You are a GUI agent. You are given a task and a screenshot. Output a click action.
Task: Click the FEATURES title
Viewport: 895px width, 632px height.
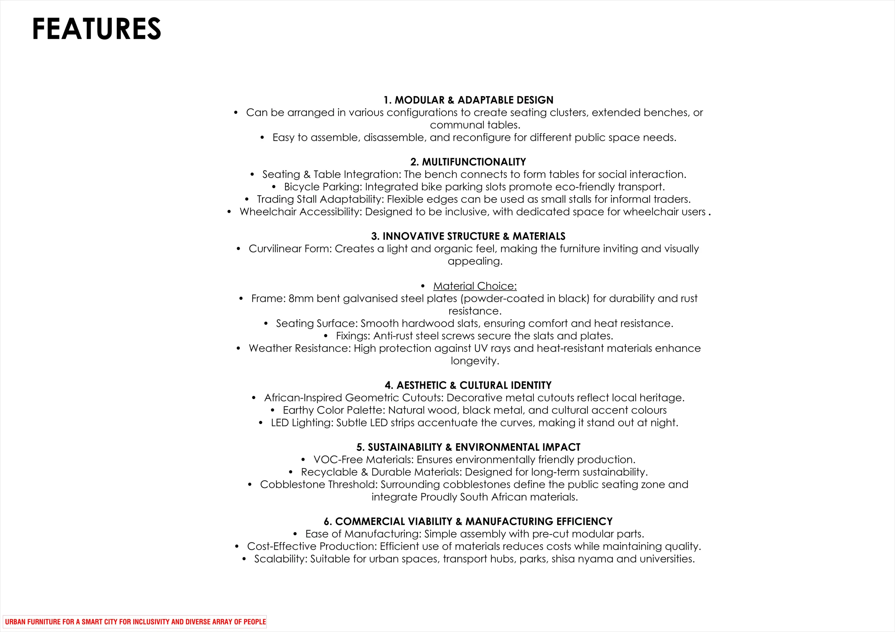pyautogui.click(x=96, y=29)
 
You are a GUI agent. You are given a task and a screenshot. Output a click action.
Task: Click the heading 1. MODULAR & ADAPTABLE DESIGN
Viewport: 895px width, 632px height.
pyautogui.click(x=468, y=100)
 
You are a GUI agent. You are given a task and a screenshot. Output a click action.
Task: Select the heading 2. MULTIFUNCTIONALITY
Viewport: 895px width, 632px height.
pyautogui.click(x=468, y=162)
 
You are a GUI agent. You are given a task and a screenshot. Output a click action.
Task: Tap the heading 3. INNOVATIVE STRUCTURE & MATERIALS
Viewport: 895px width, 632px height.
pyautogui.click(x=468, y=236)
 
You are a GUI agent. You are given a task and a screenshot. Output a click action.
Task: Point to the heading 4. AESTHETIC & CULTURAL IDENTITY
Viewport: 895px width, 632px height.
pyautogui.click(x=468, y=385)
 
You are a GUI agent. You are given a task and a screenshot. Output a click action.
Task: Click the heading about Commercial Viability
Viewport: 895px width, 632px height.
pyautogui.click(x=468, y=521)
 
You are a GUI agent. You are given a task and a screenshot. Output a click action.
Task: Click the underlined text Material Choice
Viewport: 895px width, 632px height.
pyautogui.click(x=475, y=286)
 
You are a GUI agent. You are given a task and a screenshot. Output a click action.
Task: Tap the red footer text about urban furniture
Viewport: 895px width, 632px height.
pyautogui.click(x=135, y=622)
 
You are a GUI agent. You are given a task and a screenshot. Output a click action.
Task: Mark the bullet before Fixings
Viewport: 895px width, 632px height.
pyautogui.click(x=326, y=336)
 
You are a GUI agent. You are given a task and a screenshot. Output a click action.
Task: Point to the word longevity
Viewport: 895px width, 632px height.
pyautogui.click(x=475, y=361)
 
